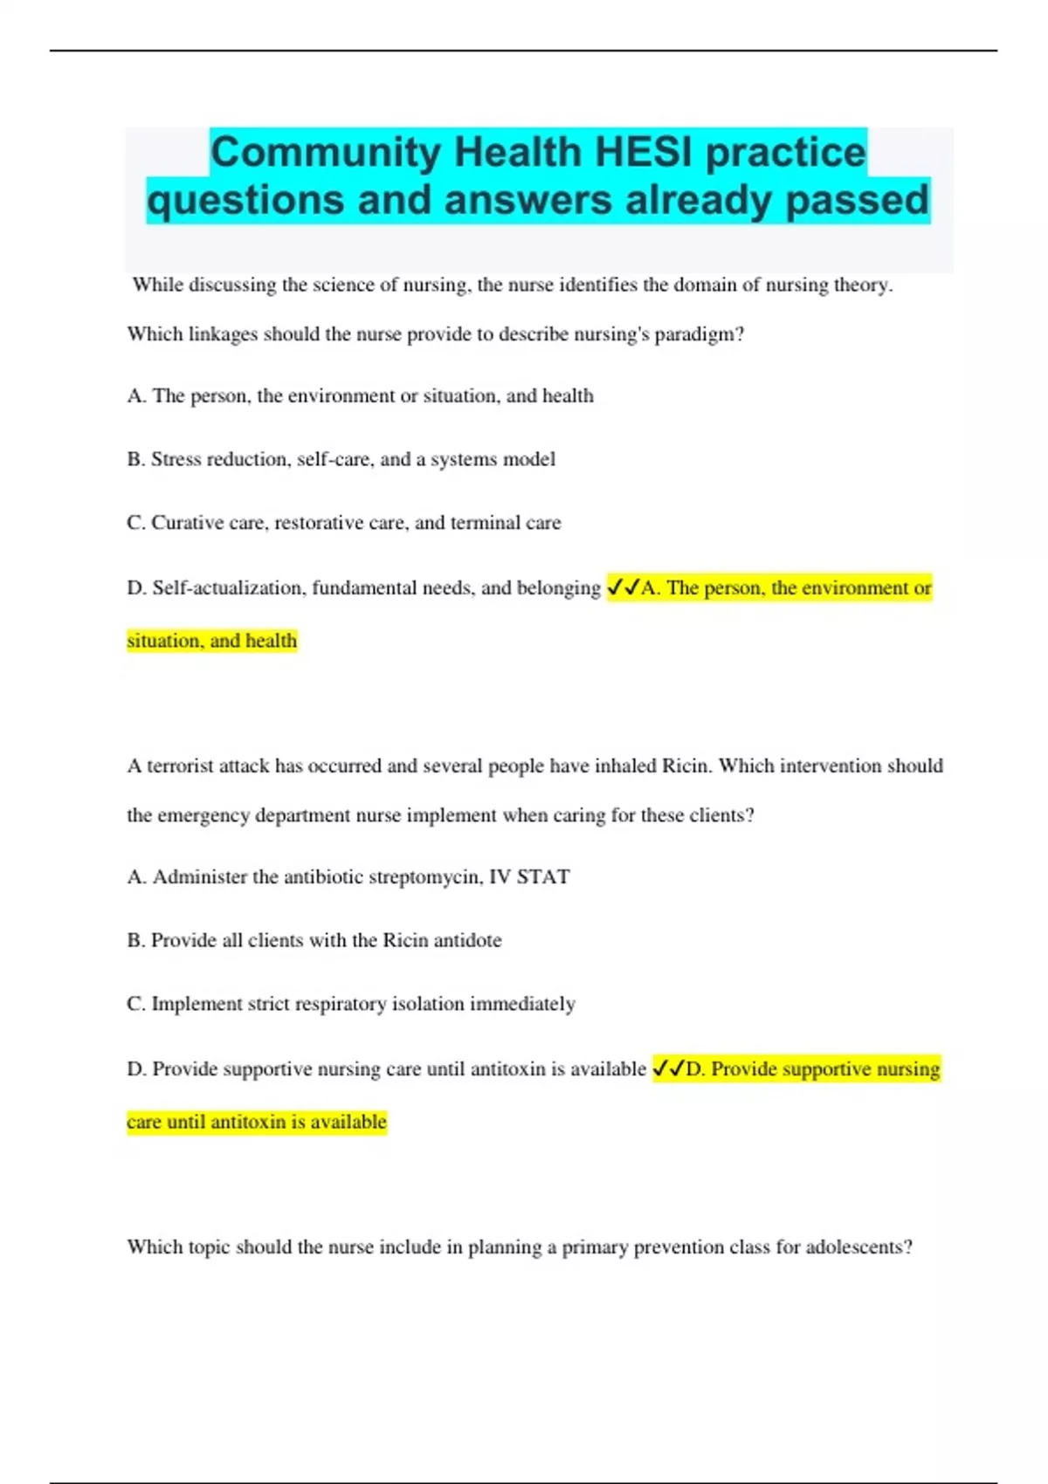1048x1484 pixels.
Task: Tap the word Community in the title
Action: click(326, 153)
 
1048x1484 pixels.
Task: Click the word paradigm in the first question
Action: click(695, 334)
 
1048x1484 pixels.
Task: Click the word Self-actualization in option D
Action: click(229, 588)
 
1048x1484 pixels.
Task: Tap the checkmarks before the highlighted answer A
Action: click(623, 588)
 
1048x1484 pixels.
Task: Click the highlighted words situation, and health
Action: click(212, 641)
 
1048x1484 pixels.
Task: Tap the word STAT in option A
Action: click(542, 877)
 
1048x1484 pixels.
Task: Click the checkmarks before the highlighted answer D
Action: click(668, 1069)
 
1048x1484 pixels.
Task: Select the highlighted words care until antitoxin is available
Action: click(257, 1122)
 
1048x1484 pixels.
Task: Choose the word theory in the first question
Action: click(864, 285)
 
